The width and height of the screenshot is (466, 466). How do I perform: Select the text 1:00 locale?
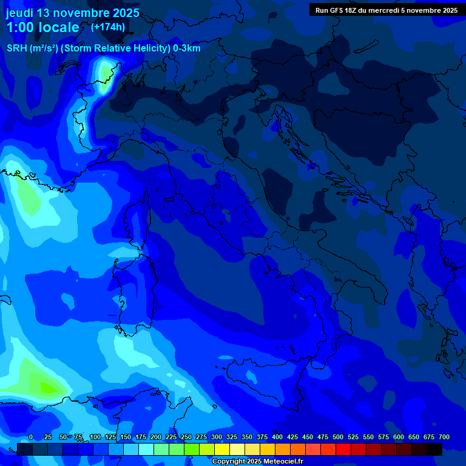pos(42,27)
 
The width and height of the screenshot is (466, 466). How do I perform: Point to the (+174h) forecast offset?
pos(107,27)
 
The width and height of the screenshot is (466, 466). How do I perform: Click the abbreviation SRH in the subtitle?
pos(16,48)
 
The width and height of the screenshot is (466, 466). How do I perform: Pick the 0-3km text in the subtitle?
pos(186,48)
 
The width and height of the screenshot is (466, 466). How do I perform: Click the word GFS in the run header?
pos(337,10)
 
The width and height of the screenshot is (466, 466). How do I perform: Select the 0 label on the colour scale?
pos(31,437)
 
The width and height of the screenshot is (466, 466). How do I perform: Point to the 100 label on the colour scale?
pos(95,437)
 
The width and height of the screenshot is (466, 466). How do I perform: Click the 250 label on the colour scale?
pos(186,437)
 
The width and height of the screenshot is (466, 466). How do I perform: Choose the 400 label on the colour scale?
pos(277,437)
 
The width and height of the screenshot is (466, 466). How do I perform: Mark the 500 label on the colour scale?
pos(338,437)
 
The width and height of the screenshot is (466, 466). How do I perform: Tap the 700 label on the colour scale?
pos(444,437)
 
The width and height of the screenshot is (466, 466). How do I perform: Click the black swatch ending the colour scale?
pos(434,449)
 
